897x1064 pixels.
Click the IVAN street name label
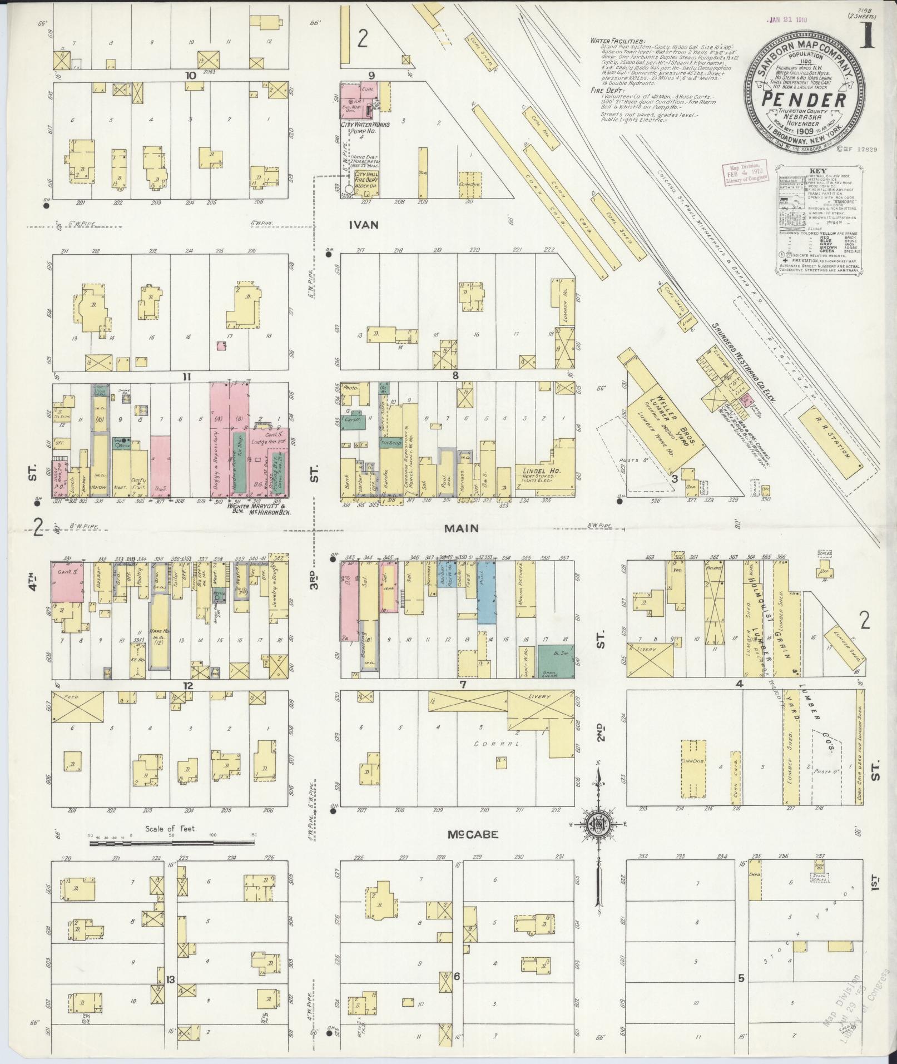coord(364,225)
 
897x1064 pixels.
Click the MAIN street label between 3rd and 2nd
coord(461,528)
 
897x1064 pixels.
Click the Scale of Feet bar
coord(171,859)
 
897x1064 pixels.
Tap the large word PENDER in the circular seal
coord(804,101)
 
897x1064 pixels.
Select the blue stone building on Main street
coord(486,592)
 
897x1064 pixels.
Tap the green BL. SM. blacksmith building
coord(556,661)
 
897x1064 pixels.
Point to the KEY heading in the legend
coord(818,171)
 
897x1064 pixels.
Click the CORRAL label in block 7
coord(489,744)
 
